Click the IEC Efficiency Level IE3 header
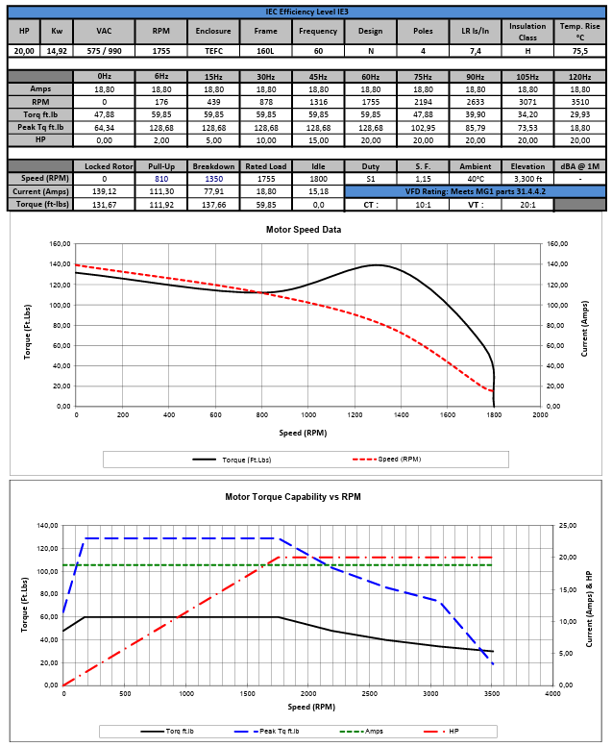click(x=306, y=12)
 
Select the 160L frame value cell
click(x=265, y=51)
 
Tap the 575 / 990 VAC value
click(x=103, y=51)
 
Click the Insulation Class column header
click(x=527, y=31)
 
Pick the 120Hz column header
click(x=579, y=76)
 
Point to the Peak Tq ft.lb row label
click(x=39, y=127)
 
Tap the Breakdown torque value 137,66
click(x=215, y=205)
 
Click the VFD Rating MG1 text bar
click(x=475, y=191)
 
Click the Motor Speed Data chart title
click(x=303, y=230)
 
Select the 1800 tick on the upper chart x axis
click(x=494, y=415)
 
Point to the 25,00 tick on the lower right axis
click(x=568, y=526)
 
